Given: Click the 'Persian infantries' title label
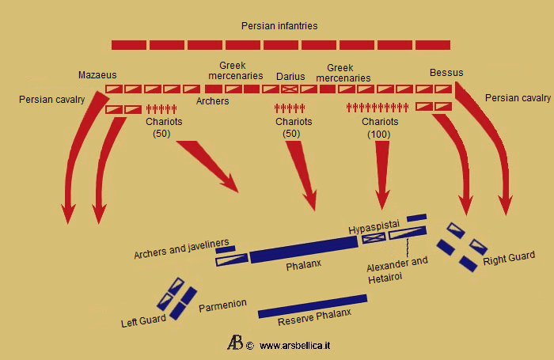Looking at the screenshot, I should (x=279, y=26).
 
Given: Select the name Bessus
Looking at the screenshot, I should (x=446, y=73).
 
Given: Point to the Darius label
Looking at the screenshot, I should (x=290, y=76).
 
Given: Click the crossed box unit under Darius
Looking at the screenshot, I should (x=290, y=89).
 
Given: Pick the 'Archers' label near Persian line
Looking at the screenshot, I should (x=213, y=101).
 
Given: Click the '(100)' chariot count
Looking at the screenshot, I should (x=380, y=135).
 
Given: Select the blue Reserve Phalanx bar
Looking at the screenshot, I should (x=313, y=306).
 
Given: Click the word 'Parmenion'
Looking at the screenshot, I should (x=222, y=304).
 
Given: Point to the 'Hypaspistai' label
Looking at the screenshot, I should (x=374, y=228).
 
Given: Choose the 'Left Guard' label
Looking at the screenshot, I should (x=143, y=321).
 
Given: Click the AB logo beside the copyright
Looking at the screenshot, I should (x=235, y=343).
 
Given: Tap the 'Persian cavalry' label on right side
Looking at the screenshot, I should (x=518, y=98).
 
